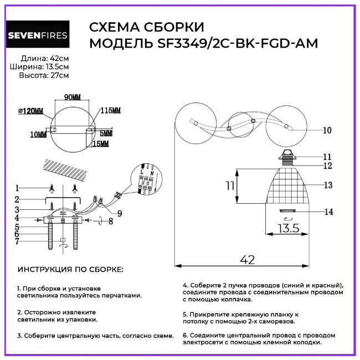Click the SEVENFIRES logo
pyautogui.click(x=38, y=36)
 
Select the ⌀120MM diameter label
pyautogui.click(x=30, y=111)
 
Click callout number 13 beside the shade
pyautogui.click(x=328, y=185)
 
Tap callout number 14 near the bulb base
pyautogui.click(x=328, y=212)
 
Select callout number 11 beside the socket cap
pyautogui.click(x=327, y=157)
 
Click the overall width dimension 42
pyautogui.click(x=247, y=259)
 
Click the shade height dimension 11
pyautogui.click(x=230, y=186)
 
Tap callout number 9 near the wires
pyautogui.click(x=120, y=213)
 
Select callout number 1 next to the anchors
pyautogui.click(x=17, y=187)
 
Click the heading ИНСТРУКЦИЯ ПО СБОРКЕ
pyautogui.click(x=71, y=270)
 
